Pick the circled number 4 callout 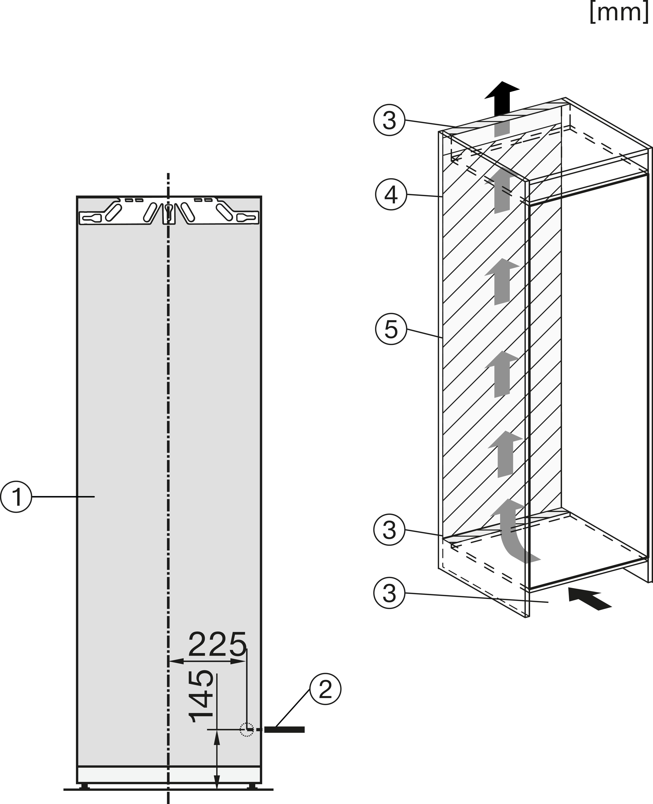pyautogui.click(x=391, y=194)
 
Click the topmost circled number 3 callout pyautogui.click(x=389, y=120)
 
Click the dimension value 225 pyautogui.click(x=217, y=645)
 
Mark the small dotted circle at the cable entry pyautogui.click(x=246, y=730)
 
